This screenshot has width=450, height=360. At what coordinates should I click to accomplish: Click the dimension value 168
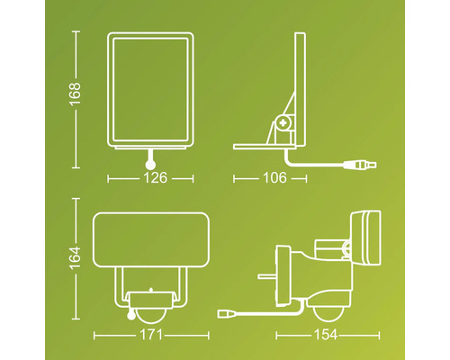point(75,93)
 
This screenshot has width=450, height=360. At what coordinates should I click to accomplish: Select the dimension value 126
point(149,178)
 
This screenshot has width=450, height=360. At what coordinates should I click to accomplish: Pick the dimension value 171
point(149,335)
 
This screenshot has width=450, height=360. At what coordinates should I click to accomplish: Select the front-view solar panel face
point(149,90)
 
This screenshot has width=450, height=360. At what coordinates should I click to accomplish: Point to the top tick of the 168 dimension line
point(75,31)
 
